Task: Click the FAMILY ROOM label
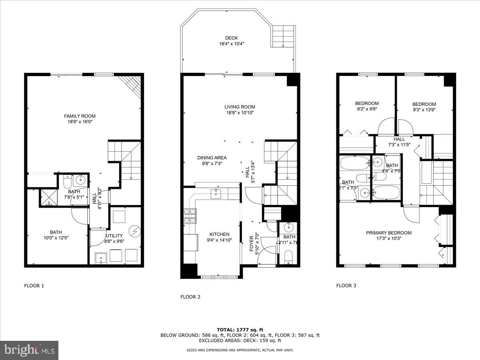pyautogui.click(x=80, y=116)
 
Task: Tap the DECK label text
pyautogui.click(x=232, y=38)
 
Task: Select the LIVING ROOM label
pyautogui.click(x=240, y=107)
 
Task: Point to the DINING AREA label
pyautogui.click(x=212, y=158)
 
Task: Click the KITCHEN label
pyautogui.click(x=220, y=234)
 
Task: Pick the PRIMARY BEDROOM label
pyautogui.click(x=389, y=233)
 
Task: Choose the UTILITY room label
pyautogui.click(x=114, y=236)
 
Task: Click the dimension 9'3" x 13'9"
pyautogui.click(x=424, y=110)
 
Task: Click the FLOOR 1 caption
pyautogui.click(x=34, y=286)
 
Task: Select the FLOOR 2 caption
pyautogui.click(x=190, y=297)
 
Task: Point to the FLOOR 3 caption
pyautogui.click(x=346, y=286)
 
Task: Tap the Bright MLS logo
pyautogui.click(x=29, y=350)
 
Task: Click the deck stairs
pyautogui.click(x=284, y=36)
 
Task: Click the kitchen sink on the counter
pyautogui.click(x=218, y=194)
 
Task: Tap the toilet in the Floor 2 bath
pyautogui.click(x=288, y=257)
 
